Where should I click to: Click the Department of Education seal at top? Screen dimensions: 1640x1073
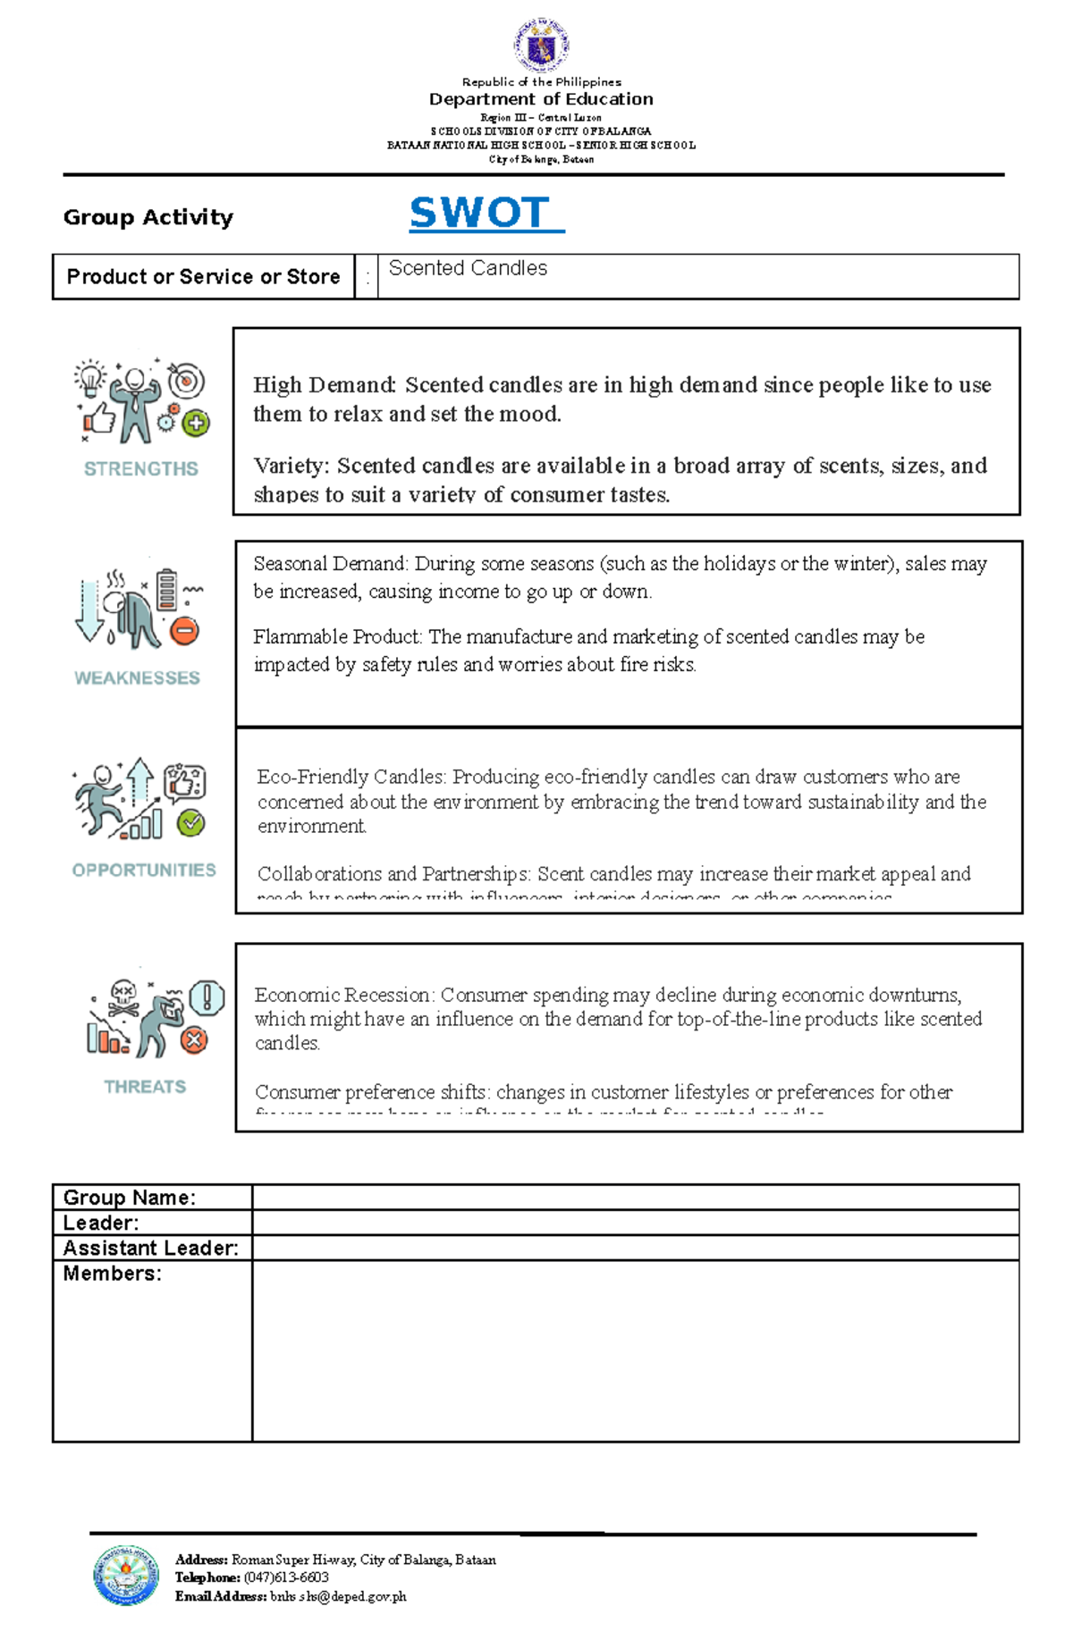pyautogui.click(x=541, y=45)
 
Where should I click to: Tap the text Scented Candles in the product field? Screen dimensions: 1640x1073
pyautogui.click(x=468, y=268)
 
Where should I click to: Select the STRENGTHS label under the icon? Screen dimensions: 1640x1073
pyautogui.click(x=141, y=468)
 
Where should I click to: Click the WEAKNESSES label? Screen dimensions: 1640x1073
pyautogui.click(x=137, y=678)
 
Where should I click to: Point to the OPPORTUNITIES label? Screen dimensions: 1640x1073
pyautogui.click(x=144, y=870)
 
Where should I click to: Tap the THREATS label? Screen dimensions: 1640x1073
pyautogui.click(x=145, y=1087)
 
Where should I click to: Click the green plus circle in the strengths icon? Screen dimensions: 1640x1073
pyautogui.click(x=196, y=424)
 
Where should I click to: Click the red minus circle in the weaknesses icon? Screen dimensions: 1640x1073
pyautogui.click(x=184, y=631)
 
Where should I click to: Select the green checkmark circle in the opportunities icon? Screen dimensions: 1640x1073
pyautogui.click(x=190, y=822)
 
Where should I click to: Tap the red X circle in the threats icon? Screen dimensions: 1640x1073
pyautogui.click(x=194, y=1039)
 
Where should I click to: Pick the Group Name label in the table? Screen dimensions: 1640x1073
pyautogui.click(x=129, y=1198)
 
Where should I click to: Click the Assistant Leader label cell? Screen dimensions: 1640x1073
pyautogui.click(x=150, y=1249)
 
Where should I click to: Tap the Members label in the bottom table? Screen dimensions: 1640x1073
pyautogui.click(x=112, y=1274)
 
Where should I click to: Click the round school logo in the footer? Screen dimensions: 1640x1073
pyautogui.click(x=126, y=1575)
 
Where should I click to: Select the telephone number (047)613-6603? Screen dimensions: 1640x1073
pyautogui.click(x=286, y=1577)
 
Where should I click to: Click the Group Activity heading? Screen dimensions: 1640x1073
pyautogui.click(x=148, y=217)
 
